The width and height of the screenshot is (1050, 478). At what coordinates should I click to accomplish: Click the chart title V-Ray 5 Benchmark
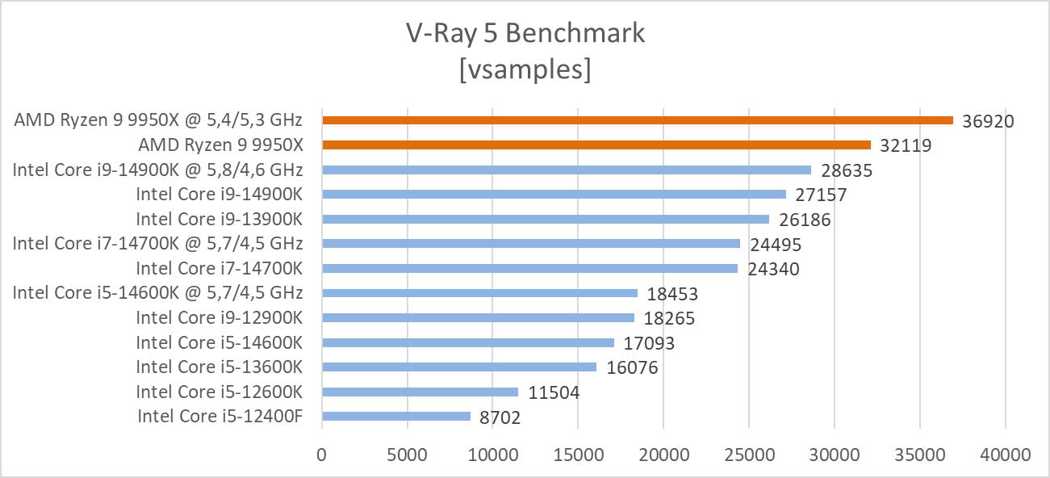click(x=525, y=33)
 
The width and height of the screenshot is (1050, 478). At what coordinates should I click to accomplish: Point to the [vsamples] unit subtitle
click(x=525, y=69)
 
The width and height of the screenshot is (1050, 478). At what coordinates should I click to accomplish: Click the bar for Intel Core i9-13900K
click(x=546, y=219)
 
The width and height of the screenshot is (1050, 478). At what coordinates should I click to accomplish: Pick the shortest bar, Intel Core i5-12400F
click(x=396, y=417)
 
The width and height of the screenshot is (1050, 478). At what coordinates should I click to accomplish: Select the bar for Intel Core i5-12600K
click(x=420, y=392)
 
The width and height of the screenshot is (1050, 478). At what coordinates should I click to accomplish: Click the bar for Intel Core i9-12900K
click(x=478, y=318)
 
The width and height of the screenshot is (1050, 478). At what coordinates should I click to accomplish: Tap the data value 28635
click(x=847, y=170)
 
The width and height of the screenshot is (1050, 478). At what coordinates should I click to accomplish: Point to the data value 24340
click(x=773, y=269)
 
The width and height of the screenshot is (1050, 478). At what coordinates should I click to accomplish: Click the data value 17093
click(x=649, y=343)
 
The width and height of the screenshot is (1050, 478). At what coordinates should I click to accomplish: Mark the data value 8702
click(x=500, y=417)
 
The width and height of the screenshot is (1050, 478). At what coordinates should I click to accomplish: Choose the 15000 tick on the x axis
click(x=578, y=455)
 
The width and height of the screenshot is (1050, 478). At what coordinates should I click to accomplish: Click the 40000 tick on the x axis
click(x=1005, y=455)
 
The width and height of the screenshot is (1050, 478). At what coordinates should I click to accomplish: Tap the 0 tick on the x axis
click(x=322, y=455)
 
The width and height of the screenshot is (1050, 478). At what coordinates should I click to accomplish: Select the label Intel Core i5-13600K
click(x=219, y=367)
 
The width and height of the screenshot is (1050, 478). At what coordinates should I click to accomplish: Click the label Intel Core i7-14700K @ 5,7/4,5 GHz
click(x=157, y=244)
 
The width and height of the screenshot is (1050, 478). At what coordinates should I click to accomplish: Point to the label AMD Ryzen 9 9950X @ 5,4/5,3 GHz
click(x=158, y=120)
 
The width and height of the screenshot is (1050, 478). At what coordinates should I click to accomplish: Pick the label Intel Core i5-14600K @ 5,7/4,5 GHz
click(x=157, y=293)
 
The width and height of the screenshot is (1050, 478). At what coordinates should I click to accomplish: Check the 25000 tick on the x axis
click(x=748, y=455)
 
